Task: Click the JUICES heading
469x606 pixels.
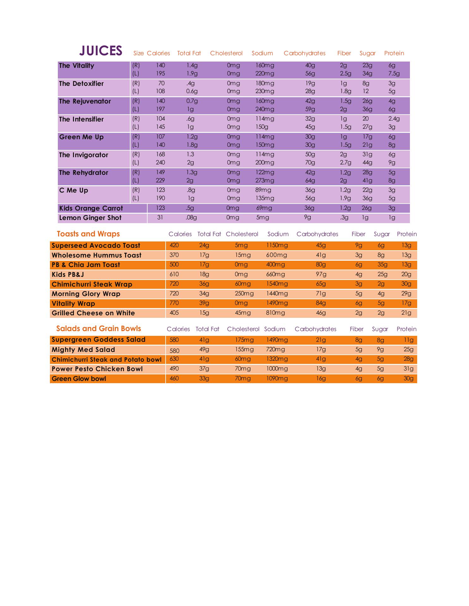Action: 100,51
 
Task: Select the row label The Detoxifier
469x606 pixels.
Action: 81,84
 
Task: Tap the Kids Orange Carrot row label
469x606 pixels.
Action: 91,208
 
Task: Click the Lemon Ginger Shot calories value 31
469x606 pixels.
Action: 160,217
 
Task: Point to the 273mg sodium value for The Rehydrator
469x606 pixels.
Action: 265,181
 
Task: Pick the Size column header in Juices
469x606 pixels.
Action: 138,53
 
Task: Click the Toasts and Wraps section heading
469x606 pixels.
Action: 88,234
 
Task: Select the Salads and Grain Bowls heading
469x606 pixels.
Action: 99,329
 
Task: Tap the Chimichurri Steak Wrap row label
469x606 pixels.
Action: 92,284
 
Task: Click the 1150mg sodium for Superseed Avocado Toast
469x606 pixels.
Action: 277,245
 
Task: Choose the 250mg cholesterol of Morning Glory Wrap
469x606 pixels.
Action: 244,294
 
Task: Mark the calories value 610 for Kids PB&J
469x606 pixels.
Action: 174,274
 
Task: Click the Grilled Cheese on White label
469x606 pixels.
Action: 93,313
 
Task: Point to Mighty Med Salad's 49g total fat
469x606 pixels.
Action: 204,349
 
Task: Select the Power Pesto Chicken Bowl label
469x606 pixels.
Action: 97,369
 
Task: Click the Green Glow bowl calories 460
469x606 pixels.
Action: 174,378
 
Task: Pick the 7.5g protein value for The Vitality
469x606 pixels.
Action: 394,74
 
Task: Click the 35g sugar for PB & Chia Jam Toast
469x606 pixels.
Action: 382,264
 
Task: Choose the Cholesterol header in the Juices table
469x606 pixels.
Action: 226,53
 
